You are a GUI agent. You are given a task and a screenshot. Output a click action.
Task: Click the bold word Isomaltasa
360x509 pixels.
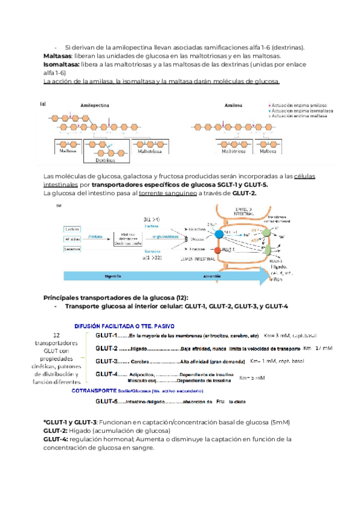coord(62,64)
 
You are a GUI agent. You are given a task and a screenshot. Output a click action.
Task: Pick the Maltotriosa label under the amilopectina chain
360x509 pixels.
coord(151,152)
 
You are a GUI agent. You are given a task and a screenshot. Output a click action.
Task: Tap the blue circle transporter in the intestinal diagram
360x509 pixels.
coord(220,233)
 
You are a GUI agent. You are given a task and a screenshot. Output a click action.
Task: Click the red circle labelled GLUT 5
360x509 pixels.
coord(220,248)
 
